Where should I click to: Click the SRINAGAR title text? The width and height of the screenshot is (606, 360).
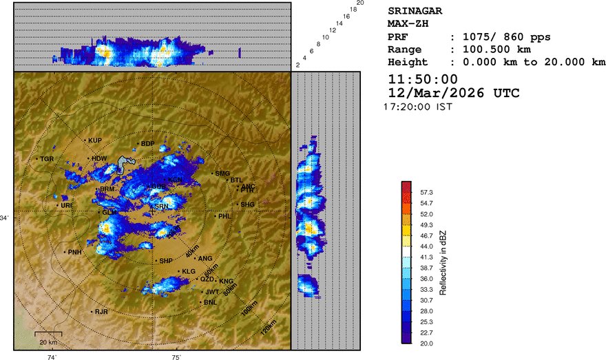coord(415,11)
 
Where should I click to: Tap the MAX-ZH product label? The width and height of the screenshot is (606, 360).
coord(409,24)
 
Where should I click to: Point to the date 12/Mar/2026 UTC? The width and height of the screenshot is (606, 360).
coord(454,93)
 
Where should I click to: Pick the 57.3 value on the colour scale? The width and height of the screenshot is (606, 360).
coord(426,193)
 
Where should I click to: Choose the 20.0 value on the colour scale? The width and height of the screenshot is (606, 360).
coord(426,342)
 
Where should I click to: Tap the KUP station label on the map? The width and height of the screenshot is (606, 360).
coord(95,140)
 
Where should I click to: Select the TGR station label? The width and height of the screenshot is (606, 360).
coord(47,159)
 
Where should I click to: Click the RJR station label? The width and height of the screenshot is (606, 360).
coord(102,312)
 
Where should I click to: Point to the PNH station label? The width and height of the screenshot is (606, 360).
coord(75,252)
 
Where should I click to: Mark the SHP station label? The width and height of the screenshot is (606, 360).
coord(166,261)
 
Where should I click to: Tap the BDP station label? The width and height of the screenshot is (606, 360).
coord(147,144)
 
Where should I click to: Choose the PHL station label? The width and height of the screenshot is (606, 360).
coord(225,216)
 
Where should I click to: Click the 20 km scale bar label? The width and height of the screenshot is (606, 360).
coord(48,342)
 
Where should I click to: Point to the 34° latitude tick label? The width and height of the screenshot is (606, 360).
coord(6,218)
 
